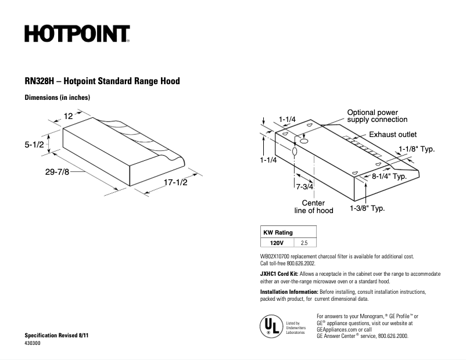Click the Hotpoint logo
click(77, 34)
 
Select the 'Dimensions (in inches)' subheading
click(57, 98)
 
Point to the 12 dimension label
click(68, 116)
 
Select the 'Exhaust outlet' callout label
click(393, 134)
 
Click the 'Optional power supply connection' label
click(377, 116)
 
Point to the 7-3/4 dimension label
click(304, 187)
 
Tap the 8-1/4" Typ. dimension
click(389, 176)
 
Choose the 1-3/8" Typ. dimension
click(367, 207)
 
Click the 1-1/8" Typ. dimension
click(417, 149)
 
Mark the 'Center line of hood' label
click(314, 207)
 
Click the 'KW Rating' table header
click(278, 232)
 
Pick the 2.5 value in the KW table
click(305, 243)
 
